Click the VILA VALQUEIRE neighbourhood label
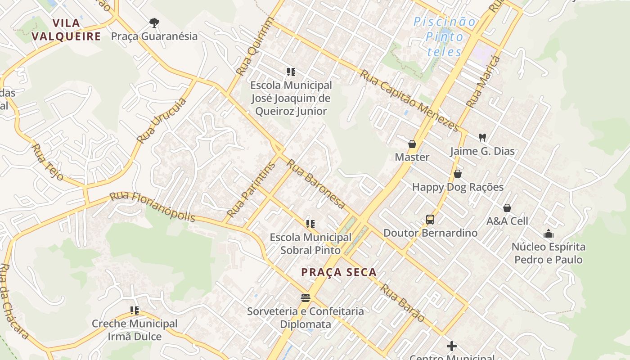coord(66,30)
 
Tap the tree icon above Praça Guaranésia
coord(154,22)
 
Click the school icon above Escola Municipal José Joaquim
coord(291,72)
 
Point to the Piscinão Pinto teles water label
coord(445,36)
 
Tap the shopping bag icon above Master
coord(412,144)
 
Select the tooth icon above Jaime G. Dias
coord(482,137)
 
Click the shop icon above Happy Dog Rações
coord(458,174)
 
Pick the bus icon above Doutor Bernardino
coord(430,220)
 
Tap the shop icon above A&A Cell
coord(507,208)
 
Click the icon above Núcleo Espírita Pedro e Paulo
coord(549,234)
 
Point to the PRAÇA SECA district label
coord(339,272)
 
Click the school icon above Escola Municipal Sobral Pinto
coord(310,224)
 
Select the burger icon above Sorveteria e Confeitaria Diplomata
coord(306,297)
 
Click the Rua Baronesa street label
coord(316,184)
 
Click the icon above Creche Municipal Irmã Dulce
coord(135,310)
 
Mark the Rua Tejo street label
coord(48,162)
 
